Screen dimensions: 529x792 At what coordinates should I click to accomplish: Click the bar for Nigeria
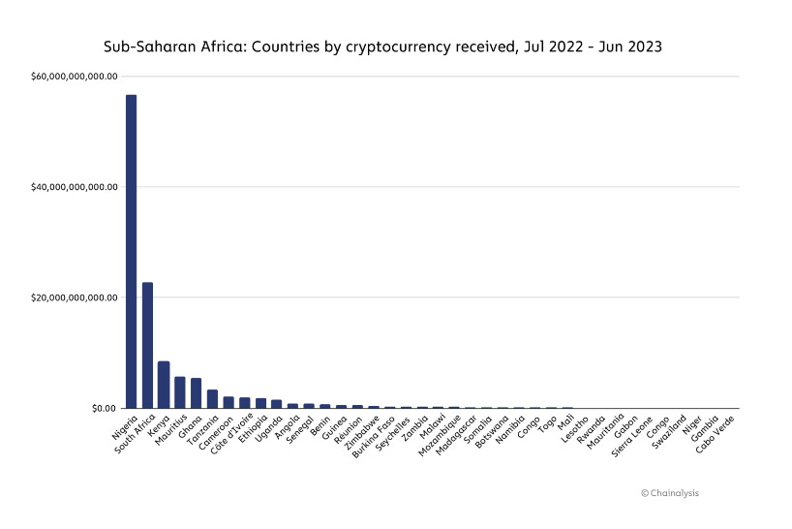tap(131, 251)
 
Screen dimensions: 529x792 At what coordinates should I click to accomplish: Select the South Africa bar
tap(147, 345)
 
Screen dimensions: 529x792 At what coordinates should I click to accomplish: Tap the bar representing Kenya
tap(164, 385)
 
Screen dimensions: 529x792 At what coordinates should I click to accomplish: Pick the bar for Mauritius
tap(180, 392)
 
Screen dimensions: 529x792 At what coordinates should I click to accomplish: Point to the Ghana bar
tap(196, 393)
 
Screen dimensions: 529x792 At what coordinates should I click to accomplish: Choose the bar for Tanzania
tap(212, 399)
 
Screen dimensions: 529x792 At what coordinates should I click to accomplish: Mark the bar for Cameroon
tap(228, 402)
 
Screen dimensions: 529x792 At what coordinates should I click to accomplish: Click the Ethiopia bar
tap(260, 403)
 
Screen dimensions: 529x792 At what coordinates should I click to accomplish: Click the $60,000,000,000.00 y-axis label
tap(74, 77)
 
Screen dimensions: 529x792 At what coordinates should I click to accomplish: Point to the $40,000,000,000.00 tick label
tap(74, 187)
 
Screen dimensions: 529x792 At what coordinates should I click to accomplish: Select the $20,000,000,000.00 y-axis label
tap(74, 297)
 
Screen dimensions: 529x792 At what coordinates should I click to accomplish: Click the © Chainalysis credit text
tap(669, 493)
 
